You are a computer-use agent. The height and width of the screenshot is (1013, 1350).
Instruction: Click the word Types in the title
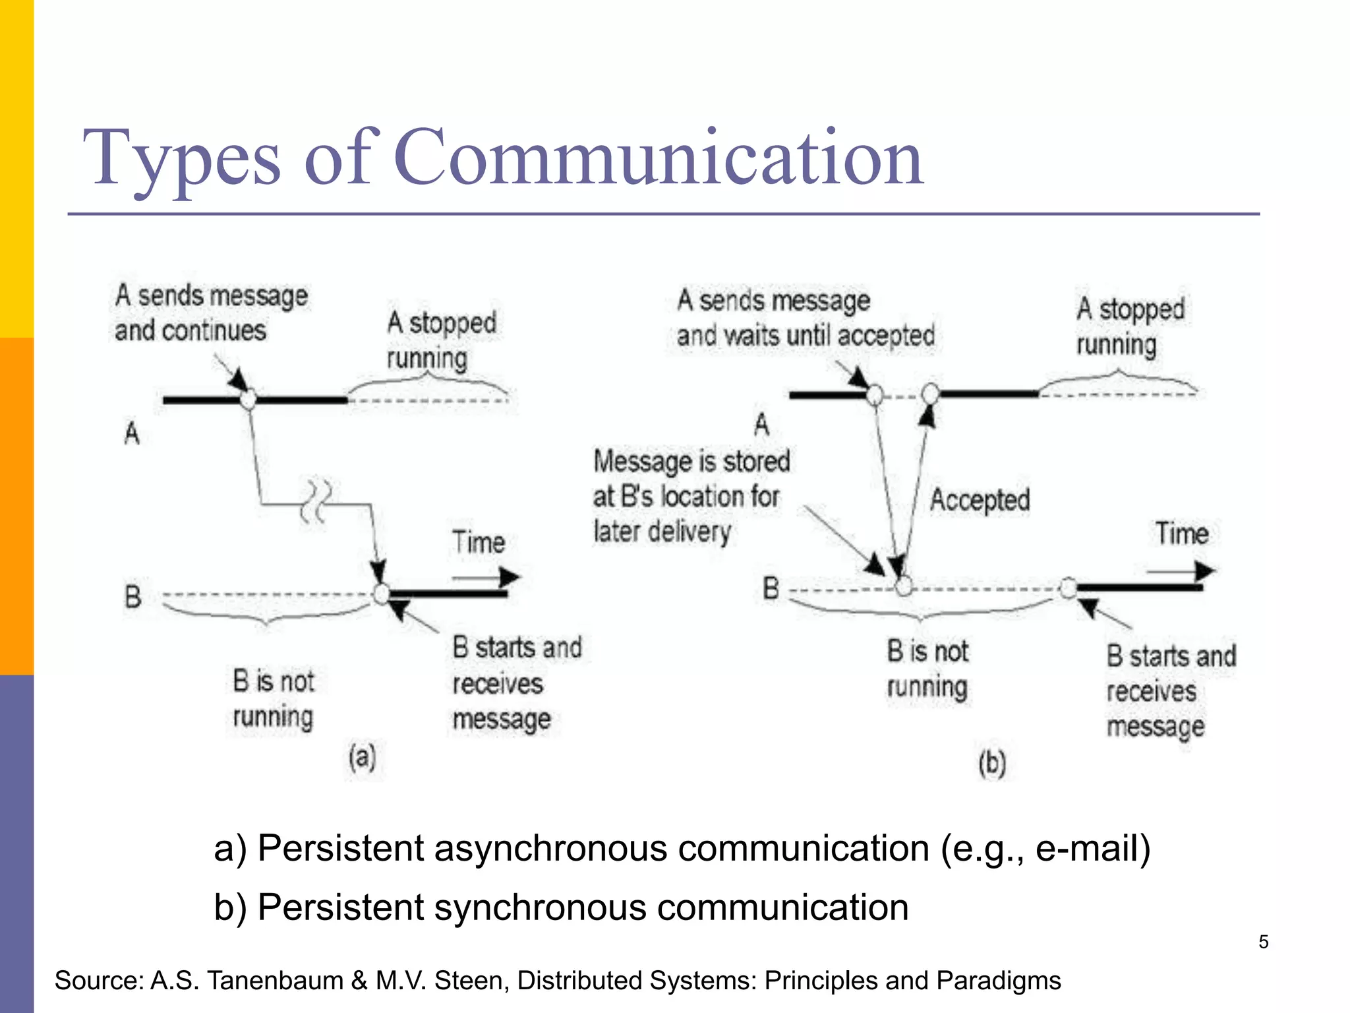[182, 158]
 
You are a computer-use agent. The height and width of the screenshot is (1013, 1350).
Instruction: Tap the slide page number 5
[1263, 942]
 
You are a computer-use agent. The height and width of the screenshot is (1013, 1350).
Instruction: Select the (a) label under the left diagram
[362, 757]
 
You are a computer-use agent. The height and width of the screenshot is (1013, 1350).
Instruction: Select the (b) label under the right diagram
[991, 764]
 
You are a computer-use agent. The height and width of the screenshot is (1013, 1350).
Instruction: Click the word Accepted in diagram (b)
[980, 500]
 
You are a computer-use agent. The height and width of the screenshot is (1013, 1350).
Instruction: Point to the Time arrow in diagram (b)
[1180, 571]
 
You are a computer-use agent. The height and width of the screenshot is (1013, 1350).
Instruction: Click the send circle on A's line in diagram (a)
[248, 400]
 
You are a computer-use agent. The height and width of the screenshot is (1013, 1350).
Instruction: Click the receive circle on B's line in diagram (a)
[381, 594]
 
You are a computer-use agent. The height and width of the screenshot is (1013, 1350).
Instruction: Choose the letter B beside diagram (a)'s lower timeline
[133, 596]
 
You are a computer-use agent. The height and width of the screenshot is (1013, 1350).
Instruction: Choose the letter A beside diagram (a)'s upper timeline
[132, 434]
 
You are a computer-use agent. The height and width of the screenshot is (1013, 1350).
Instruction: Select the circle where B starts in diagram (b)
[1068, 587]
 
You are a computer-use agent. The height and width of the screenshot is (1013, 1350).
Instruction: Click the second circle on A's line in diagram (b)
[930, 394]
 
